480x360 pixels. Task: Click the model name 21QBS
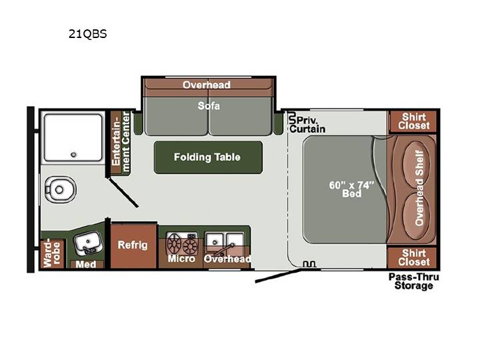[x=87, y=34]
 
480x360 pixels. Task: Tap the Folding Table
[x=208, y=157]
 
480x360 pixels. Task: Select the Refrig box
[x=133, y=246]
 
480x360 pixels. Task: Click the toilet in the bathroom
[x=60, y=189]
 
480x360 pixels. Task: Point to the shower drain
[x=73, y=155]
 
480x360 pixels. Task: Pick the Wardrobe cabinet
[x=52, y=254]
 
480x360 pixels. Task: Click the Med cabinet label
[x=86, y=264]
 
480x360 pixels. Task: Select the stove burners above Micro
[x=182, y=243]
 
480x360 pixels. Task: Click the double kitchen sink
[x=225, y=242]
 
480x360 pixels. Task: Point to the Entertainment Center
[x=121, y=143]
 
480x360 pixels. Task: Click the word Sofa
[x=209, y=106]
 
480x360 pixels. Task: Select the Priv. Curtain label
[x=307, y=124]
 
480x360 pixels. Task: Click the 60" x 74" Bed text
[x=352, y=189]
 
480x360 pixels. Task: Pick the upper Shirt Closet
[x=413, y=121]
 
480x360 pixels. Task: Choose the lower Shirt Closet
[x=413, y=258]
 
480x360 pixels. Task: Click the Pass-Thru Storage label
[x=413, y=281]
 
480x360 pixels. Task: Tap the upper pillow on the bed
[x=417, y=165]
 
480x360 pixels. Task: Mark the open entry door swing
[x=278, y=275]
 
